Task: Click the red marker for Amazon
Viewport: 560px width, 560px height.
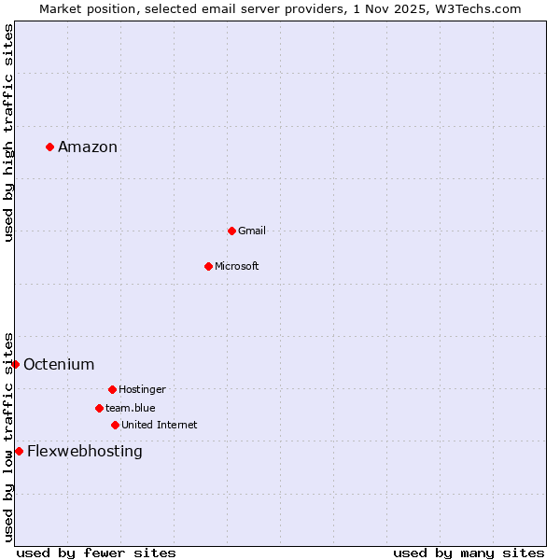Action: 49,147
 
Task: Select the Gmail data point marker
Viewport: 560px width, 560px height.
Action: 231,231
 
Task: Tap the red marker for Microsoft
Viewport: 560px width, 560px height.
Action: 208,266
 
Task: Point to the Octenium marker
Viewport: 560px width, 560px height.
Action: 15,364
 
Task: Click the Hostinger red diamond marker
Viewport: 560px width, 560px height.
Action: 112,389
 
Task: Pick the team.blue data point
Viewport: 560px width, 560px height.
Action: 99,408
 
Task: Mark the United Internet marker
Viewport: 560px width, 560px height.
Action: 115,425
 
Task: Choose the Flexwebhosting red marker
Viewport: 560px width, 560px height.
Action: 19,451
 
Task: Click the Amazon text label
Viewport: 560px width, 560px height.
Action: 88,147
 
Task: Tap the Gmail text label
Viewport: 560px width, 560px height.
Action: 252,231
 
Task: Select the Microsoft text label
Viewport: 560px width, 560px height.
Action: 237,266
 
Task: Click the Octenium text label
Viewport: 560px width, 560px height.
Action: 59,364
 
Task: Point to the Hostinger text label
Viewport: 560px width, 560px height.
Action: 142,389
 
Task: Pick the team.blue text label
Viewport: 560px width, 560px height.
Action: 131,408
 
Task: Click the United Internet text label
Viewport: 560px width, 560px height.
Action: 160,425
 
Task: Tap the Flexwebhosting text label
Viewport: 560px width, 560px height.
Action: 85,451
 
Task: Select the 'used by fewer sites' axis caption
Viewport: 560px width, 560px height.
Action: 96,553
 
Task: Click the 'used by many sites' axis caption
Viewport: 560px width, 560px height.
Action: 469,553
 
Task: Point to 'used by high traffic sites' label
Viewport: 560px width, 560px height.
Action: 8,133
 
